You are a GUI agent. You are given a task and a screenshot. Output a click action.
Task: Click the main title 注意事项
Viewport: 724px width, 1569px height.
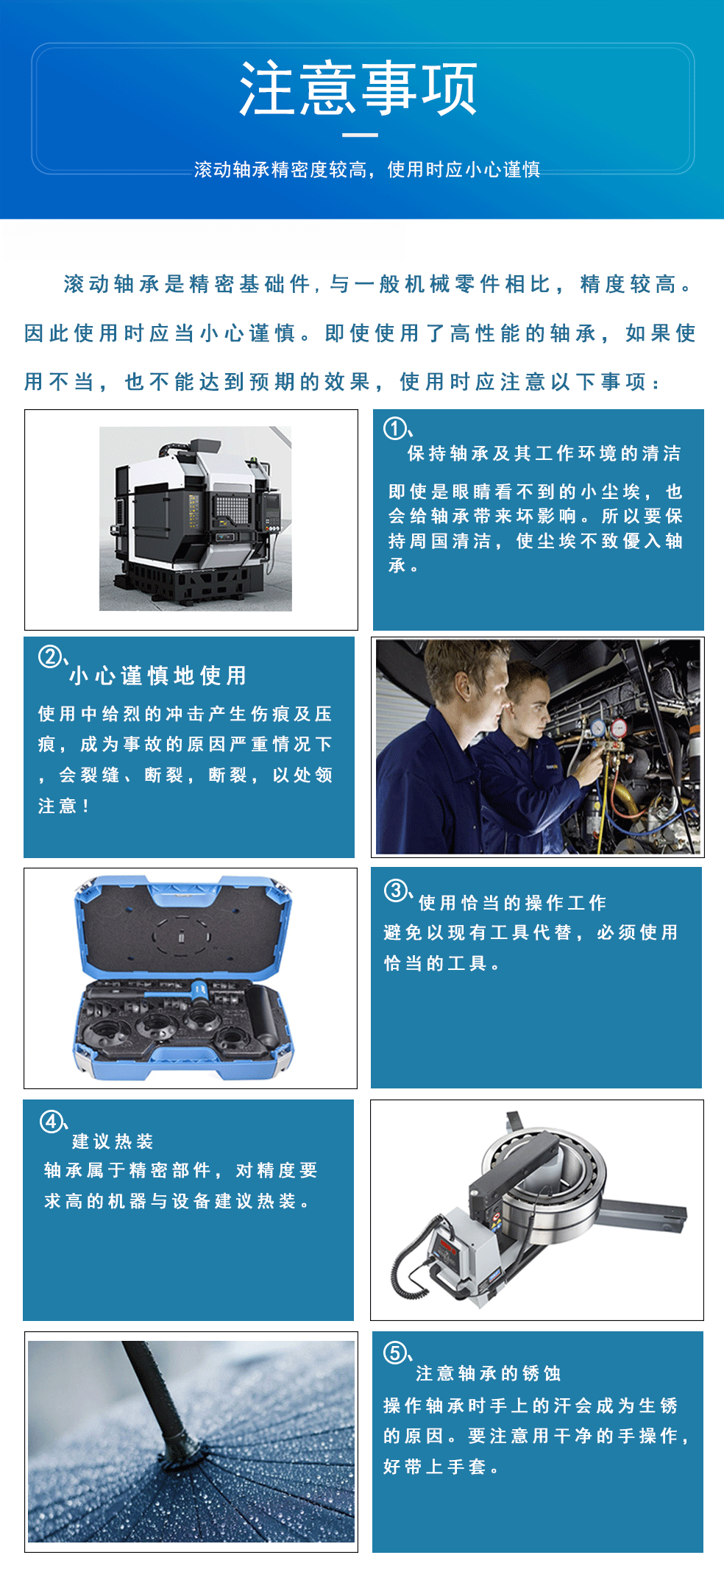pos(359,89)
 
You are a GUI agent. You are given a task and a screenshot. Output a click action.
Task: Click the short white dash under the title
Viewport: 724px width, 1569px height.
pos(360,135)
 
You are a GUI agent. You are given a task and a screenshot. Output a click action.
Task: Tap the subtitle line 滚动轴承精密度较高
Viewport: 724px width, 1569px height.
pos(280,170)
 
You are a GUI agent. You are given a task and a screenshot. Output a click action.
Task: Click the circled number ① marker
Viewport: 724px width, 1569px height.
pos(395,428)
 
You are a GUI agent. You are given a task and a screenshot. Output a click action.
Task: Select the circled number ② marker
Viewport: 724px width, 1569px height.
pos(49,656)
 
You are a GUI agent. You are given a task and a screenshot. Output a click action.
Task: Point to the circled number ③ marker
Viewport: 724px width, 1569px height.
pos(395,890)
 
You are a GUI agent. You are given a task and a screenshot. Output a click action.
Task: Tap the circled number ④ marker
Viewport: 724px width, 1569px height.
pos(51,1122)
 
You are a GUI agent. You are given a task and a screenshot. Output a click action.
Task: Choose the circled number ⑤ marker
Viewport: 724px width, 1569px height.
pos(394,1353)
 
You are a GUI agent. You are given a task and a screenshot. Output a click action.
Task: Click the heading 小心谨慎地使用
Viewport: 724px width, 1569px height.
pos(158,676)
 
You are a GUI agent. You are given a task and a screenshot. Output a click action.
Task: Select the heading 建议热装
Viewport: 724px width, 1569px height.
pos(113,1141)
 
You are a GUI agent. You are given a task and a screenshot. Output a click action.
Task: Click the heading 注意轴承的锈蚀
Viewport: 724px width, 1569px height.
pos(488,1373)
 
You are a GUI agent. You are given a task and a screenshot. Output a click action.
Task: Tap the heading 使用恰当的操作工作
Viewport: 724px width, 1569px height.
pos(513,903)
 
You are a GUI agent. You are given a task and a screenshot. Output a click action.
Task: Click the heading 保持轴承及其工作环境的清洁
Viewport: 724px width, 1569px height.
pos(544,453)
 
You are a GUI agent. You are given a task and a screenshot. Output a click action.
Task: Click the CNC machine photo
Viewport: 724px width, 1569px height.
pos(196,518)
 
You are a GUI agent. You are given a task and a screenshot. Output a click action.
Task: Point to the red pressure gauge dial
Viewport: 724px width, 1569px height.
pos(619,729)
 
